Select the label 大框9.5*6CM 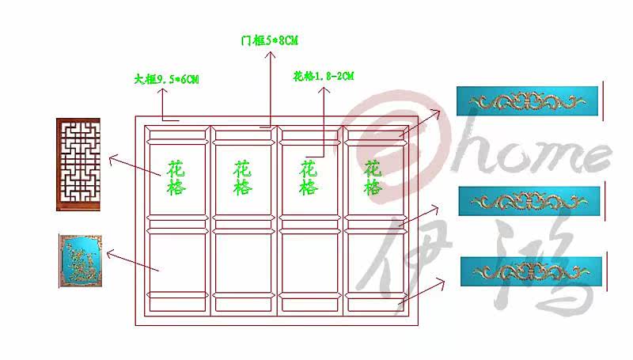pos(166,79)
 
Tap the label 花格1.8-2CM pos(323,76)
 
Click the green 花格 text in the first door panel pos(177,179)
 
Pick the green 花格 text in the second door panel pos(243,179)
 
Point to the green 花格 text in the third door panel pos(309,179)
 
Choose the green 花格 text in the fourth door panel pos(373,178)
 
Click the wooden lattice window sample pos(78,164)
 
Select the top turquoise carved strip pos(529,102)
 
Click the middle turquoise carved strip pos(529,201)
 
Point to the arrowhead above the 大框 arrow pos(161,92)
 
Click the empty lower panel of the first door pos(178,260)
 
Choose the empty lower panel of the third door pos(309,260)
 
